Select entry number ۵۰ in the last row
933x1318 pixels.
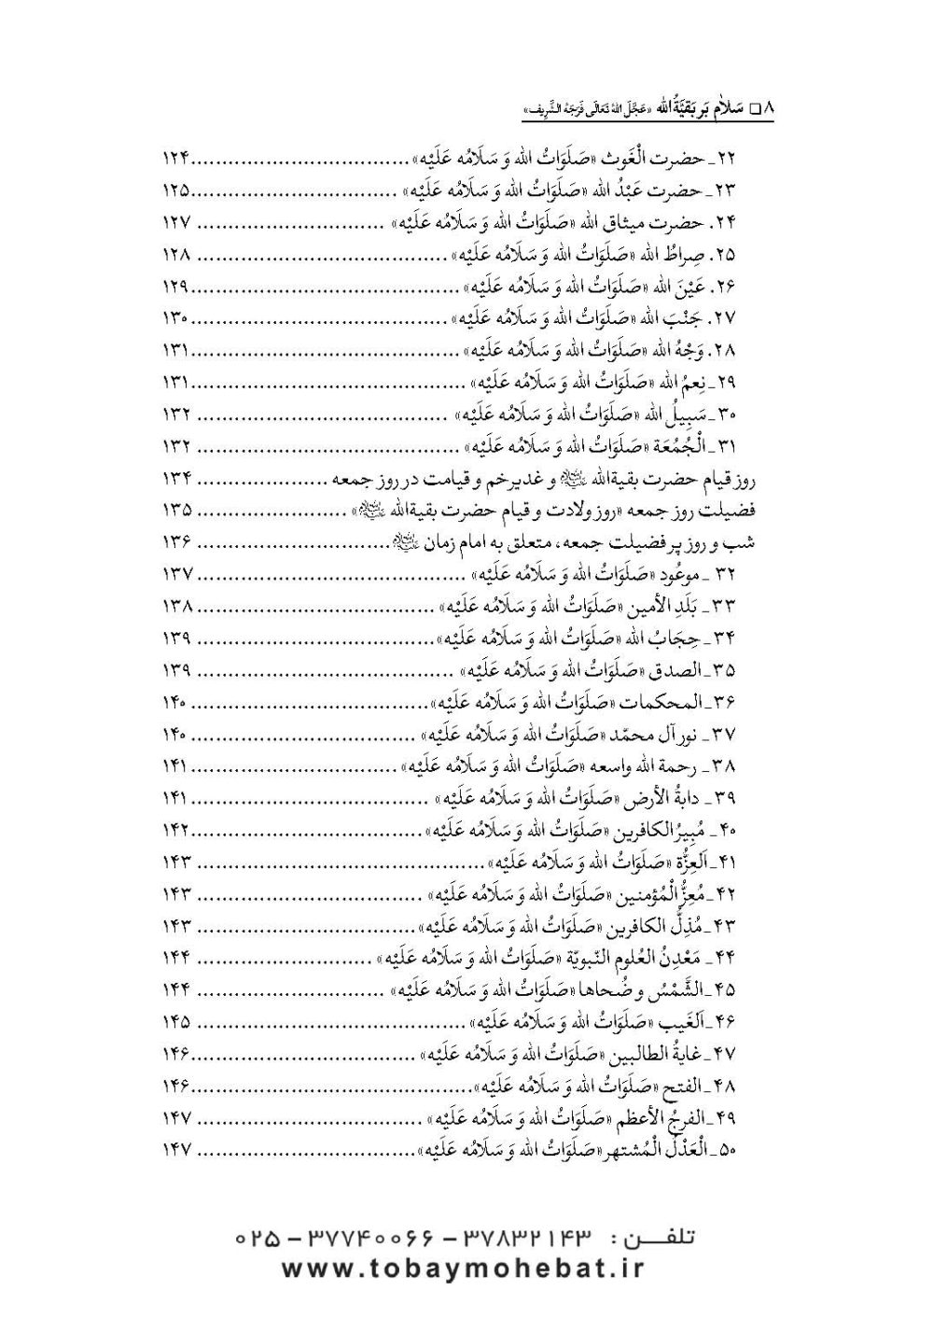tap(750, 1150)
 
